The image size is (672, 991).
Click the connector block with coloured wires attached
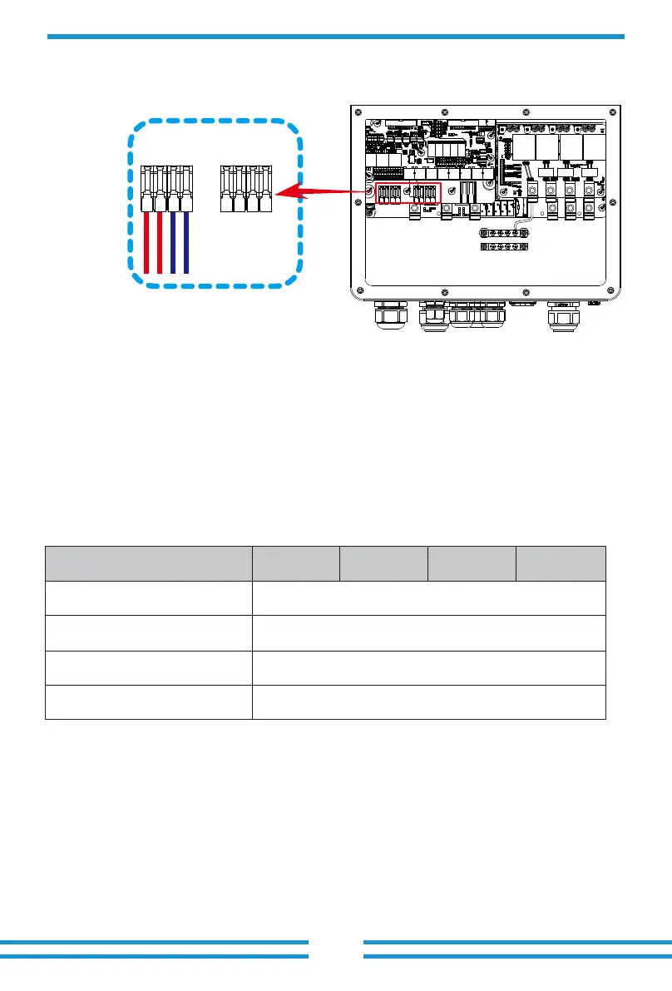pyautogui.click(x=166, y=189)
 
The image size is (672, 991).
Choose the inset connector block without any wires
pyautogui.click(x=247, y=189)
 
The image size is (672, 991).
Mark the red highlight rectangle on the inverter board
pyautogui.click(x=408, y=194)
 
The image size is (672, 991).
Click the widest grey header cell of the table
pyautogui.click(x=149, y=563)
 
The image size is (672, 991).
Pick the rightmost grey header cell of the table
pyautogui.click(x=561, y=563)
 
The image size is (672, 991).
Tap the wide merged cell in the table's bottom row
pyautogui.click(x=428, y=701)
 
